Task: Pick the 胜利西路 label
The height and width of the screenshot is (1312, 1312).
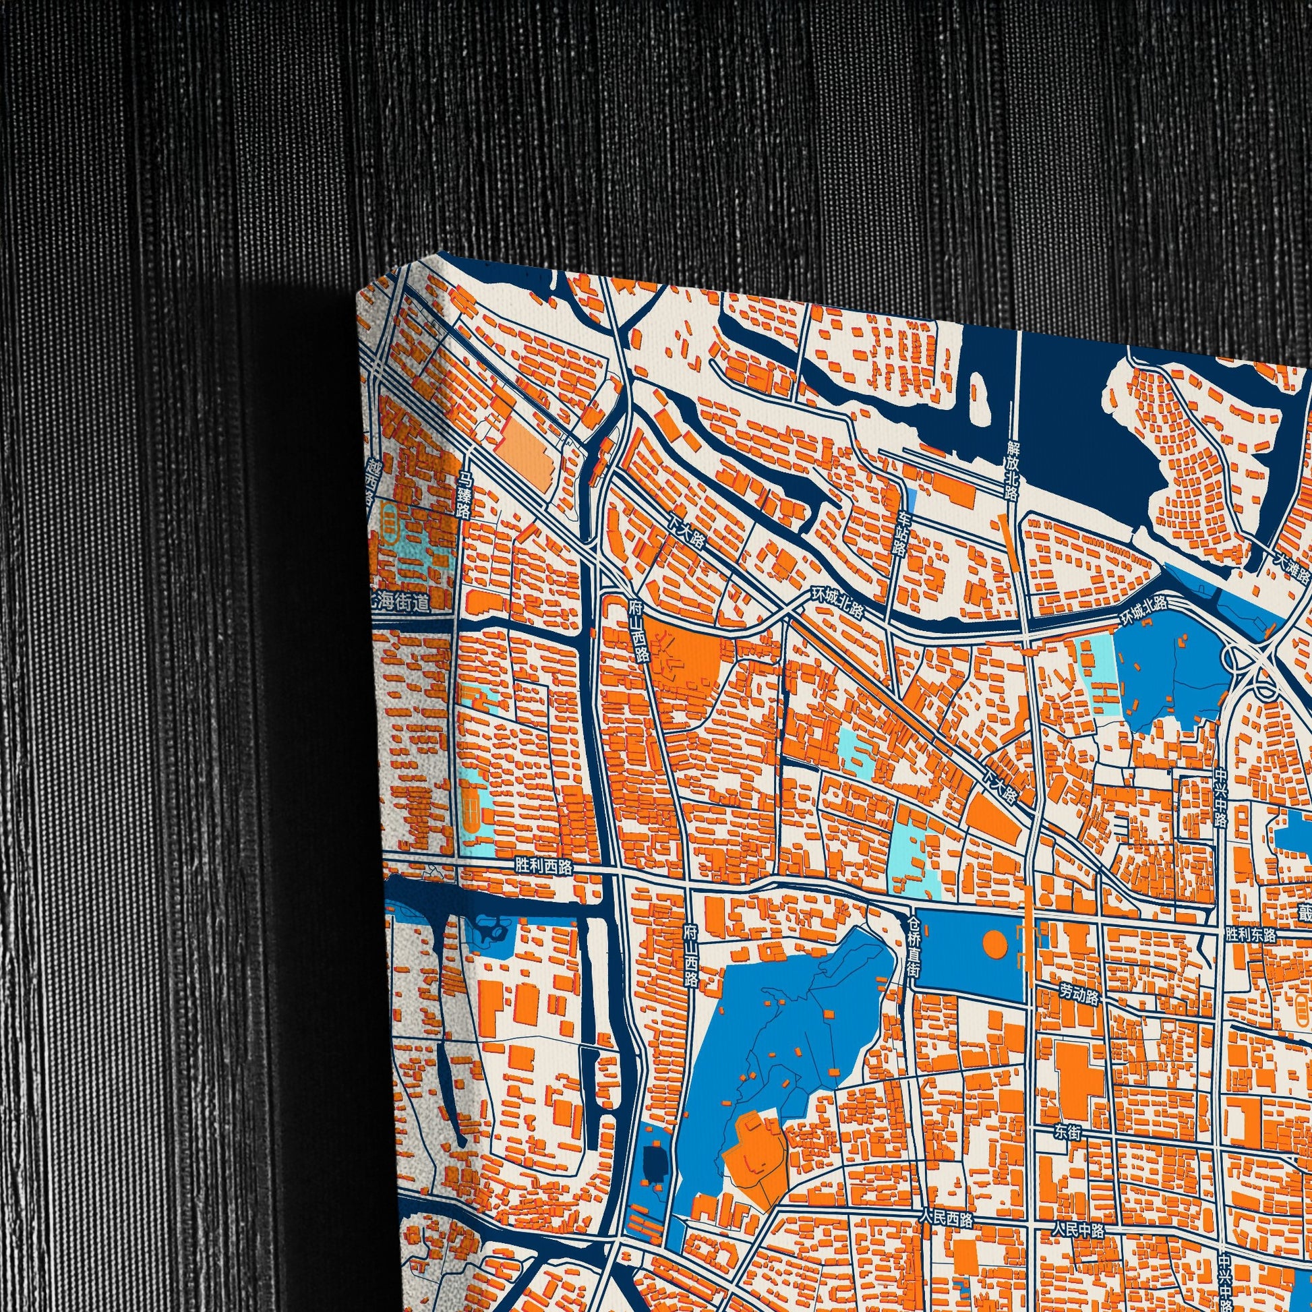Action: pyautogui.click(x=543, y=867)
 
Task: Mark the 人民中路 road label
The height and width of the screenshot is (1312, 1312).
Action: pyautogui.click(x=1079, y=1210)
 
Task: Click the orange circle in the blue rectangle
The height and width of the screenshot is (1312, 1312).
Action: pyautogui.click(x=994, y=944)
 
